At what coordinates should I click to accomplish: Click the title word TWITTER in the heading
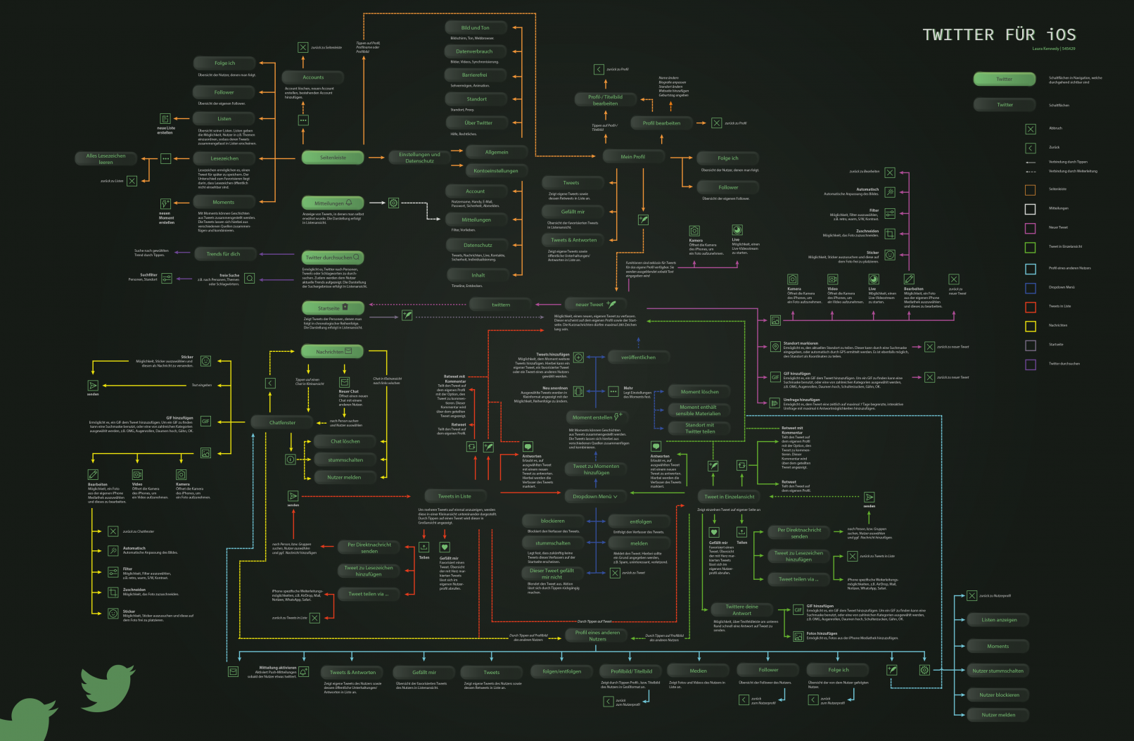click(x=958, y=35)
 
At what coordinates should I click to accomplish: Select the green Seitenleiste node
click(x=333, y=158)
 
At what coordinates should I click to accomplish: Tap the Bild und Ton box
click(x=475, y=28)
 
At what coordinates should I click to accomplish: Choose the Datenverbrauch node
click(x=474, y=51)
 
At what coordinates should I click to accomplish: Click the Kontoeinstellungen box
click(x=495, y=171)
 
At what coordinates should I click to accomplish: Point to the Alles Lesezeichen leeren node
click(x=106, y=159)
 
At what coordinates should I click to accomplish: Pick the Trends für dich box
click(x=223, y=254)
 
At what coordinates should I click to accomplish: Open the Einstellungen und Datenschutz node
click(x=419, y=158)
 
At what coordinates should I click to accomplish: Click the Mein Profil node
click(x=632, y=157)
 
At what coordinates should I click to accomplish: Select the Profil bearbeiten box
click(x=661, y=123)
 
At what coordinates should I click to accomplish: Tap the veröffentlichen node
click(x=638, y=357)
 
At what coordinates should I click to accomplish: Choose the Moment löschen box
click(x=699, y=392)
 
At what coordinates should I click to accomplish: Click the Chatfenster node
click(x=282, y=423)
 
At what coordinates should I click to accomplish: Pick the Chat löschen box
click(x=345, y=442)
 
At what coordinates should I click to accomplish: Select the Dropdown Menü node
click(x=594, y=497)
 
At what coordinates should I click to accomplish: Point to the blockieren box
click(x=553, y=521)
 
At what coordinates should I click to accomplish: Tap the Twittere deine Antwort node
click(x=742, y=609)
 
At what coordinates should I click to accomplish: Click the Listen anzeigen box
click(x=999, y=620)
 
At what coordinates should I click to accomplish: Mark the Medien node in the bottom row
click(x=699, y=671)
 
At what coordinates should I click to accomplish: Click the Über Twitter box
click(x=478, y=123)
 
